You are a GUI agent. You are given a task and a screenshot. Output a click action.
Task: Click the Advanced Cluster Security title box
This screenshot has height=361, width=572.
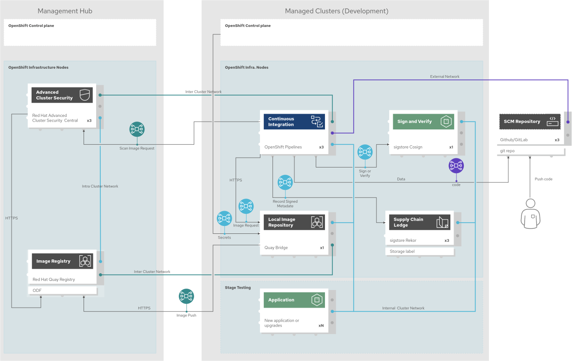pos(62,95)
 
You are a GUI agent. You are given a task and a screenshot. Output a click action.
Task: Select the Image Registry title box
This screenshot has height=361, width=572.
pos(62,261)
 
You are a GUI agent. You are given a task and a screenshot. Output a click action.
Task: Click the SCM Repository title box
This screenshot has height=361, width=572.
pos(529,122)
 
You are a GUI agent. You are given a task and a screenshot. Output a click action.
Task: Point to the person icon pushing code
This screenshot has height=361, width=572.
pos(530,213)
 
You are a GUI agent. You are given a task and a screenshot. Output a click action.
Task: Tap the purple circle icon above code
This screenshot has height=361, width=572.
pos(456,165)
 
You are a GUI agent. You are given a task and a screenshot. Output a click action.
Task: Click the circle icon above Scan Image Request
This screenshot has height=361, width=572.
pos(137,129)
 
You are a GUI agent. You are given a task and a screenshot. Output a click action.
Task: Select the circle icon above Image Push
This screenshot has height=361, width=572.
pos(186,296)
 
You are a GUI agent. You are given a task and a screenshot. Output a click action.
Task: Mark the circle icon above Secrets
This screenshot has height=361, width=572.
pos(224,219)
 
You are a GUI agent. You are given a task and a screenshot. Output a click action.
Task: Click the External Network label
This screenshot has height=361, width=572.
pos(445,77)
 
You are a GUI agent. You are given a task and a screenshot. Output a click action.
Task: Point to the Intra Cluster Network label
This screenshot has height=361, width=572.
pos(100,186)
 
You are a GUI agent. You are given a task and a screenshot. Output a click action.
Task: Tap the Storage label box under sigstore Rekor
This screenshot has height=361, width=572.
pos(419,251)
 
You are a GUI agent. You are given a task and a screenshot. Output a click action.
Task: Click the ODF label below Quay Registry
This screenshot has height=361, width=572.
pos(62,290)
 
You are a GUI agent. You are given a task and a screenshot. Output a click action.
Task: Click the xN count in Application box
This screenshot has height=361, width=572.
pos(321,326)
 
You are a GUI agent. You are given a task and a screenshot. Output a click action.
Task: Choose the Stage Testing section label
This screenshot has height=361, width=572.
pos(238,288)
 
